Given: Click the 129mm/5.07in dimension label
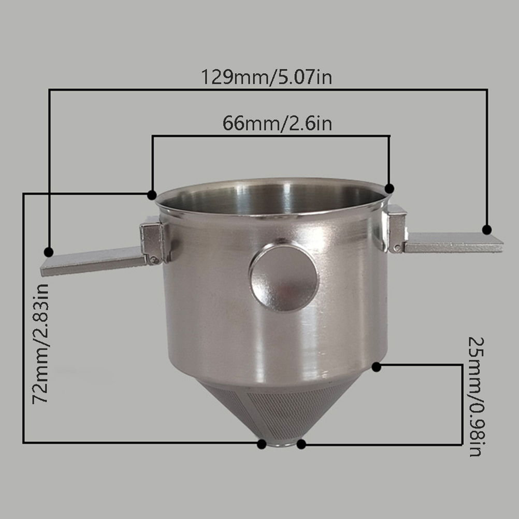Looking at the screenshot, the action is (266, 78).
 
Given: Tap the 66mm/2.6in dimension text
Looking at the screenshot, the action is (277, 123).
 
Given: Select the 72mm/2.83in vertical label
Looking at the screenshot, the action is (41, 343).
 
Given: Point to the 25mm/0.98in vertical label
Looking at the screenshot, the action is (477, 397).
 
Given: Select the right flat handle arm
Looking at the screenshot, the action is (454, 242).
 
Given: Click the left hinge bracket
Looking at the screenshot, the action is (153, 241).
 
